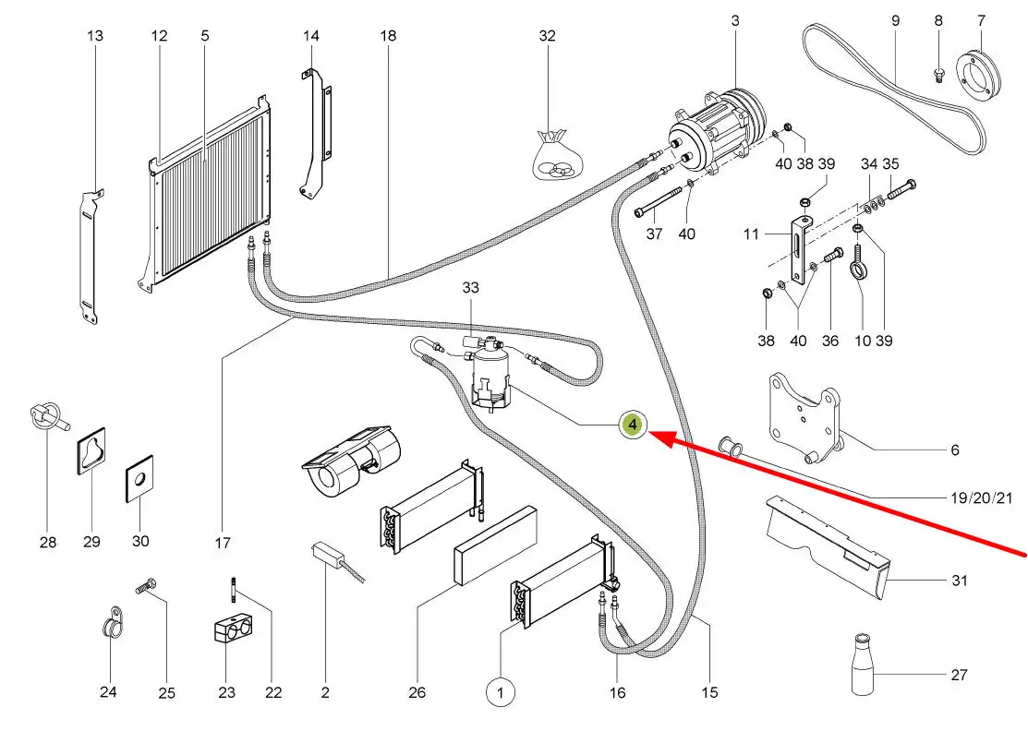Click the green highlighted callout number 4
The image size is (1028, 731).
(633, 425)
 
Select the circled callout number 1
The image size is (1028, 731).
(501, 691)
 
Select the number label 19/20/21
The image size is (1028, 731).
(981, 498)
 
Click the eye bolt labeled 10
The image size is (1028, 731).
(860, 273)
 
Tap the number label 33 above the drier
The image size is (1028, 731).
(471, 288)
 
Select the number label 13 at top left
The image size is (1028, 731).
(95, 35)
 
